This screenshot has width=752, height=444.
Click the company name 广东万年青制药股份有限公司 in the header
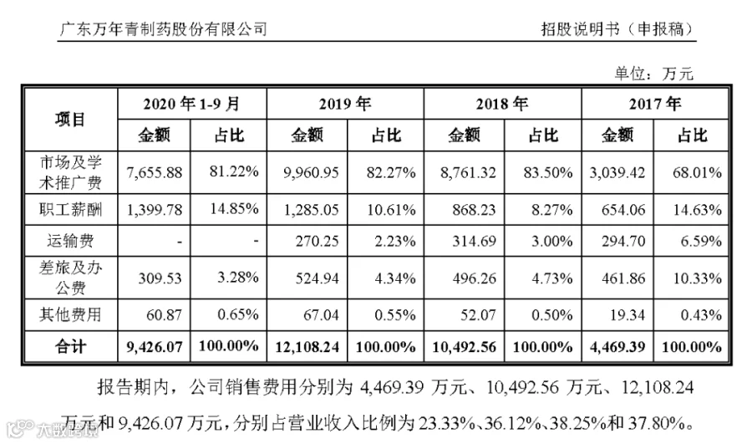(x=163, y=29)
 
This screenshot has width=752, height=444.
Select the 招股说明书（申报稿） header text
(x=617, y=29)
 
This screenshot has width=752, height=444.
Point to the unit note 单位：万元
(x=654, y=74)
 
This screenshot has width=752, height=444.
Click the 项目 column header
(x=70, y=120)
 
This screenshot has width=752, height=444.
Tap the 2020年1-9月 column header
(x=191, y=104)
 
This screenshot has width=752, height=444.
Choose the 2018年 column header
(x=501, y=104)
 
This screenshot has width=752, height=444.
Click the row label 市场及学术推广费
(x=70, y=172)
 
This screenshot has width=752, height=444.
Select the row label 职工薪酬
(x=70, y=210)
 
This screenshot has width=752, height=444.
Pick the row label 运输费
(x=70, y=241)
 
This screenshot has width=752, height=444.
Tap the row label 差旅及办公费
(x=70, y=278)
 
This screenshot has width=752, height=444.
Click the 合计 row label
(x=70, y=346)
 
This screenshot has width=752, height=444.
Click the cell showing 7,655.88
(x=155, y=172)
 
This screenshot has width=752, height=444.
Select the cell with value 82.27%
(x=391, y=172)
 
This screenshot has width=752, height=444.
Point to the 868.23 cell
(x=474, y=210)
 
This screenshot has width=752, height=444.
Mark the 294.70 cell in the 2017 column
(x=623, y=241)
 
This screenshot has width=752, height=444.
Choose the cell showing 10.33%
(x=698, y=278)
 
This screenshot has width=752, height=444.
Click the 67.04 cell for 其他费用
(x=321, y=315)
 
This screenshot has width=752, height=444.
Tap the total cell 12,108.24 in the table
(x=307, y=347)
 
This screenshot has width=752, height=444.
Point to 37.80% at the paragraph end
(x=663, y=423)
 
